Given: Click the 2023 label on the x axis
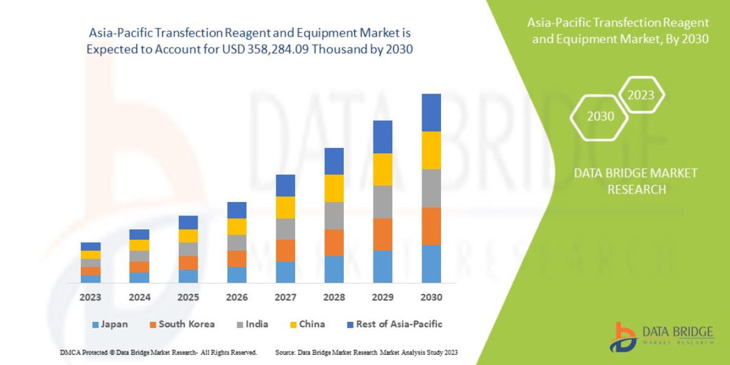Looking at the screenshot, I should [x=90, y=297].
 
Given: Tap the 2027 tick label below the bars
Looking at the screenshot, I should [x=285, y=297].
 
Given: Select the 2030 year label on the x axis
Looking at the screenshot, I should [x=431, y=297].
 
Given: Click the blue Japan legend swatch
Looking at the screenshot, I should [x=94, y=325].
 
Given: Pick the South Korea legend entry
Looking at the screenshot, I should [x=182, y=324].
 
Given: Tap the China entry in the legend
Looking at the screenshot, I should [x=307, y=324].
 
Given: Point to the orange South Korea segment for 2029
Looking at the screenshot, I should [x=383, y=234].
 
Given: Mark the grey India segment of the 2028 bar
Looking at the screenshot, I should [x=334, y=215].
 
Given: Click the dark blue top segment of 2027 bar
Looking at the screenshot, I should [x=285, y=186].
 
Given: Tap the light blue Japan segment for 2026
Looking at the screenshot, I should [x=237, y=275].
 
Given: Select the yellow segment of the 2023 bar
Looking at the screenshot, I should [x=91, y=254].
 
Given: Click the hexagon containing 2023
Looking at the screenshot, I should [x=641, y=95].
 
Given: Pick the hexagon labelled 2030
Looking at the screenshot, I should [x=600, y=116].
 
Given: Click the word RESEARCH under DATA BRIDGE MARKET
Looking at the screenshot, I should [x=636, y=190].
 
